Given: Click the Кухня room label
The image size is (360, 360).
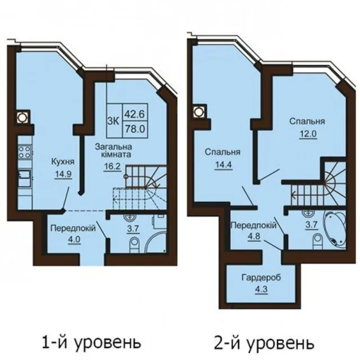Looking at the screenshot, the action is [x=62, y=161].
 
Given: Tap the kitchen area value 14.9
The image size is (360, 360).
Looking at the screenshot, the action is [x=63, y=174].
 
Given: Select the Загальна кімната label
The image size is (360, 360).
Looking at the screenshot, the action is [x=114, y=150].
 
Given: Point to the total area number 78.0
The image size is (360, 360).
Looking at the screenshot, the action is [x=135, y=129].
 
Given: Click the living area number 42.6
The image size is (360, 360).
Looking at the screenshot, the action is [x=135, y=114].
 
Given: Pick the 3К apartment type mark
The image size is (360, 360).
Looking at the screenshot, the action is [x=114, y=121].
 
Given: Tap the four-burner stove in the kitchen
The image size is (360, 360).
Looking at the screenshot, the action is [x=25, y=152].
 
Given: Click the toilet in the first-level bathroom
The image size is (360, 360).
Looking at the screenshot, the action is [x=134, y=245].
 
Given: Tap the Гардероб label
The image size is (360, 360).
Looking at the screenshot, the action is [x=261, y=277].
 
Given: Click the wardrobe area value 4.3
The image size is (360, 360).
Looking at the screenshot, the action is [x=262, y=289].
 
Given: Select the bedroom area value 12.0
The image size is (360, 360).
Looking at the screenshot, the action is [x=308, y=134].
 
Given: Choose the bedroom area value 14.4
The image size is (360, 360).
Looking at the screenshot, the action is [x=223, y=165].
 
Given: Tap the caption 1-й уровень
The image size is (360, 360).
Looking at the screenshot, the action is [x=91, y=343].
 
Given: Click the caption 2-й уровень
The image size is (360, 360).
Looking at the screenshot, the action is [x=264, y=343].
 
